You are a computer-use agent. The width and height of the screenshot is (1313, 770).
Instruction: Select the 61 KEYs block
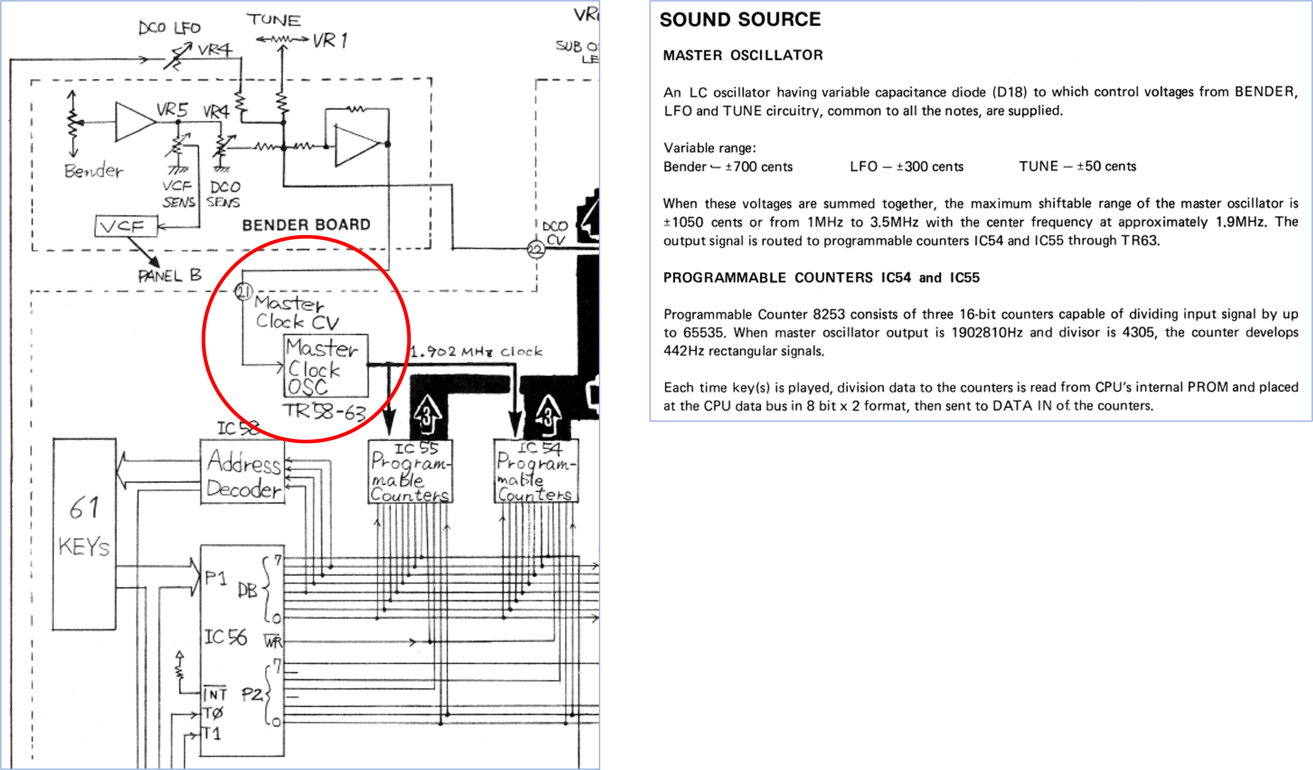coord(84,534)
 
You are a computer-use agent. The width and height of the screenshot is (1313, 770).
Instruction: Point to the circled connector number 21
coord(244,292)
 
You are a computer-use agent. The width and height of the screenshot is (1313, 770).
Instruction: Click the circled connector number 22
coord(536,250)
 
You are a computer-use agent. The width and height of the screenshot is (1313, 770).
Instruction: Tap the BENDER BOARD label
coord(306,225)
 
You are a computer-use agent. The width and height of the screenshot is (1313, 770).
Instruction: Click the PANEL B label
coord(170,275)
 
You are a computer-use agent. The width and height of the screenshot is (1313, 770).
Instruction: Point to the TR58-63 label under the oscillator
coord(325,412)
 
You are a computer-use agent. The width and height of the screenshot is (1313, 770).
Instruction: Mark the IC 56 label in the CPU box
coord(225,637)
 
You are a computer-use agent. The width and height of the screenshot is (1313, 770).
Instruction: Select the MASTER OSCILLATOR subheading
coord(743,55)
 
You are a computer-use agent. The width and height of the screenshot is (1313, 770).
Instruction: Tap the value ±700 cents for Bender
coord(759,167)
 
